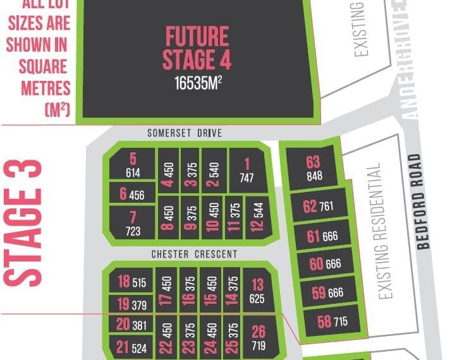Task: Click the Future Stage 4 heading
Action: pyautogui.click(x=197, y=48)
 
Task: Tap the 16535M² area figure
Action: pyautogui.click(x=197, y=83)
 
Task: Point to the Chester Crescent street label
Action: pyautogui.click(x=194, y=254)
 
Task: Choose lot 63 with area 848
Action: pyautogui.click(x=313, y=167)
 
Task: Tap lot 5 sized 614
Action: pyautogui.click(x=133, y=165)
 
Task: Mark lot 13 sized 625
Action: pyautogui.click(x=257, y=291)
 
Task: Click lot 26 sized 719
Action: pyautogui.click(x=258, y=338)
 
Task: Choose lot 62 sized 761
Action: pyautogui.click(x=318, y=207)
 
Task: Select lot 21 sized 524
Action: pyautogui.click(x=131, y=346)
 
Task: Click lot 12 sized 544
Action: pyautogui.click(x=257, y=215)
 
